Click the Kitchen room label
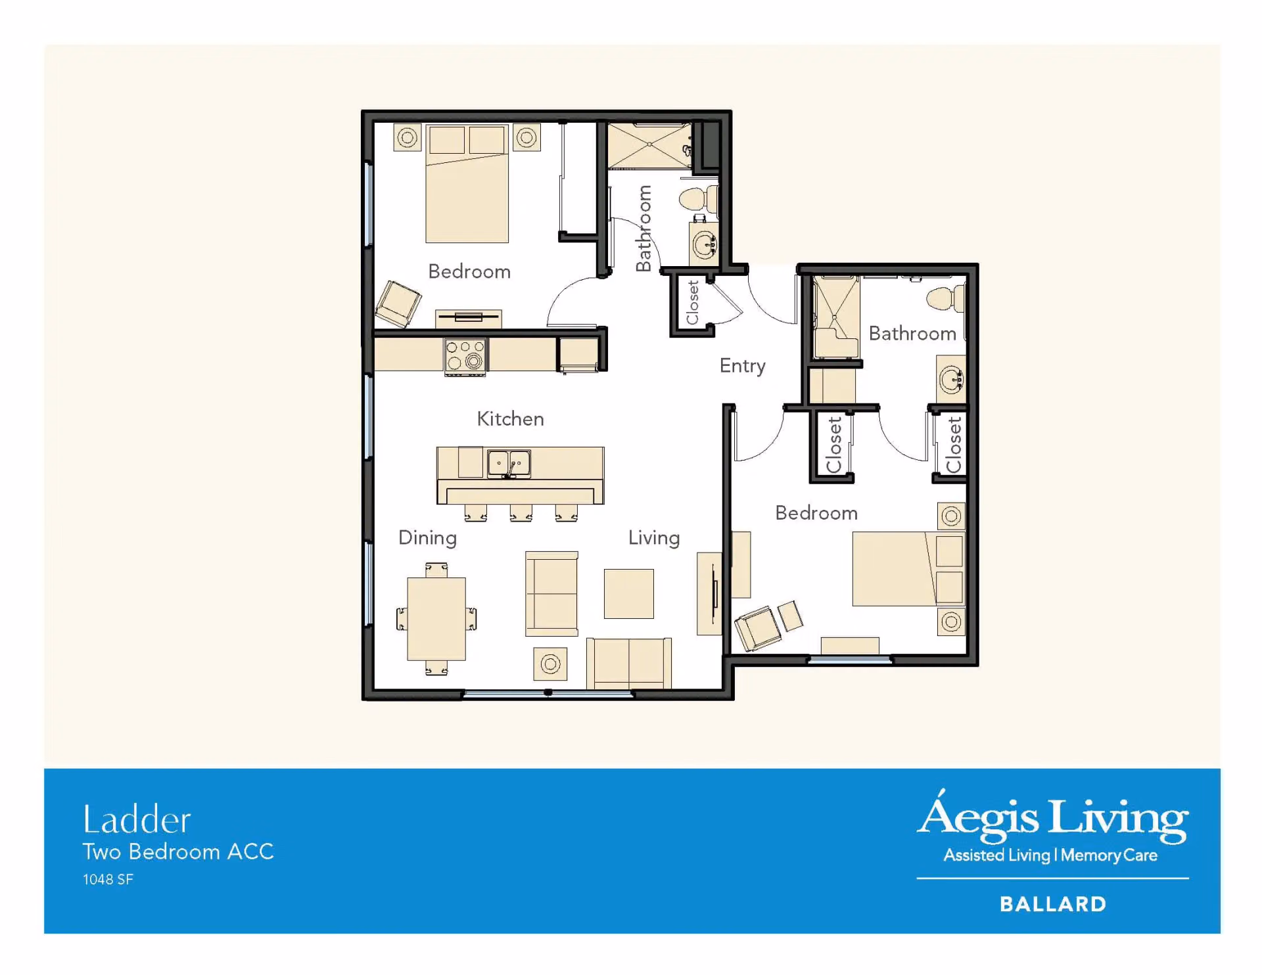[x=510, y=419]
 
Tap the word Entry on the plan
[x=742, y=366]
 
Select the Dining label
[x=427, y=538]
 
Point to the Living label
[x=654, y=538]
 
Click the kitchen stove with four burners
[x=465, y=355]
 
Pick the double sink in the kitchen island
[x=509, y=464]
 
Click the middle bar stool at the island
[x=521, y=513]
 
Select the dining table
[x=436, y=619]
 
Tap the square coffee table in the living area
[x=629, y=594]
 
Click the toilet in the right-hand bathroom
[x=945, y=299]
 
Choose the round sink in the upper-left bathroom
[x=705, y=245]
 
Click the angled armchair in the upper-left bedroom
[x=398, y=304]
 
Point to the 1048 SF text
[x=108, y=880]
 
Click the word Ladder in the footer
[x=137, y=820]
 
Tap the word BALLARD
[x=1053, y=904]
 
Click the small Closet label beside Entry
[x=692, y=302]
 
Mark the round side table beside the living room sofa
[x=550, y=664]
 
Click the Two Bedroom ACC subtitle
[x=178, y=851]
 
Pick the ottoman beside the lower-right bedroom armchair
[x=790, y=616]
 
